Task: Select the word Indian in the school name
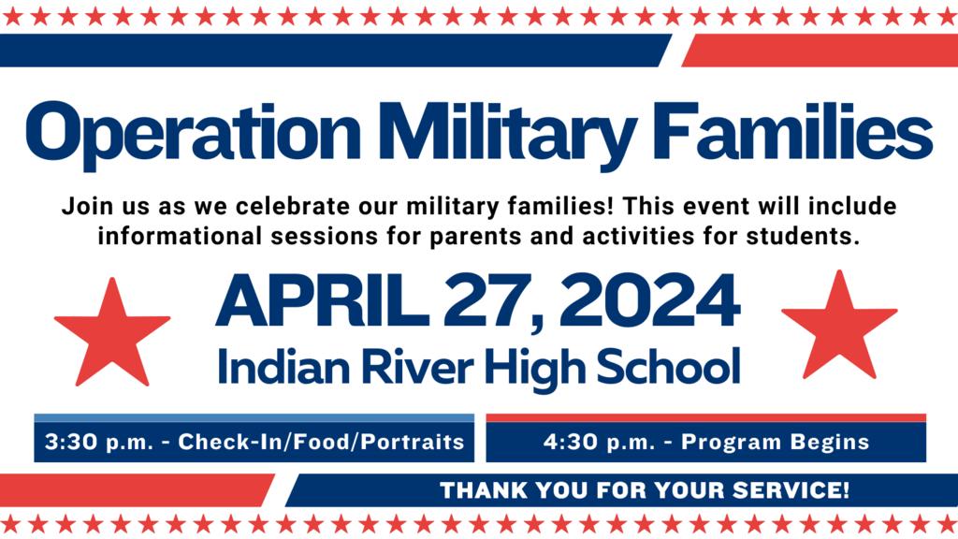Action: [x=272, y=365]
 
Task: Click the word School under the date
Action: [x=673, y=365]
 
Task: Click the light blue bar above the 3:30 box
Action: [x=254, y=418]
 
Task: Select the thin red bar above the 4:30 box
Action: [x=706, y=418]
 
